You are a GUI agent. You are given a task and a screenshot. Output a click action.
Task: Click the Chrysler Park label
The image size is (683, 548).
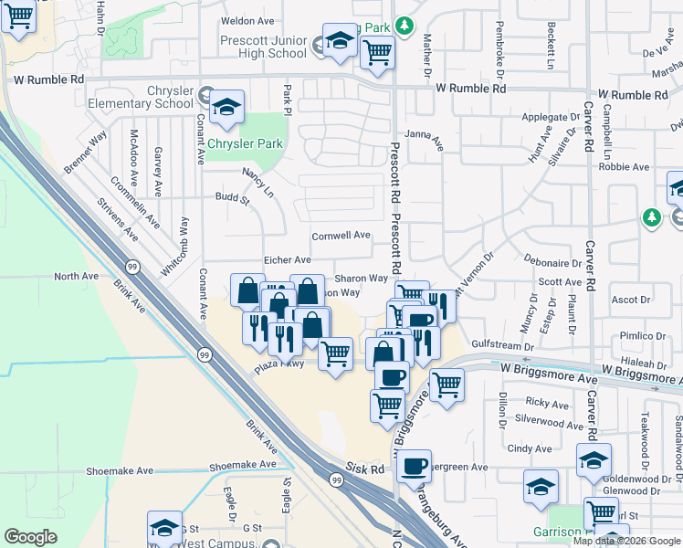[246, 144]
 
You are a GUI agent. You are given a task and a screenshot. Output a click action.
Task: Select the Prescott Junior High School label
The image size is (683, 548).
[264, 47]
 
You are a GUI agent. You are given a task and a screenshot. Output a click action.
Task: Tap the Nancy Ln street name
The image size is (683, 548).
[257, 182]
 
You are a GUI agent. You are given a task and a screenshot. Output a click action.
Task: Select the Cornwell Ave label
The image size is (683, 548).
[341, 235]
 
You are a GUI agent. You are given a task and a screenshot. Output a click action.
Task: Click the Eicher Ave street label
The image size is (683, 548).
[288, 260]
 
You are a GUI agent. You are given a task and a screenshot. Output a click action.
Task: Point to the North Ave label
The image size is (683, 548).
[76, 276]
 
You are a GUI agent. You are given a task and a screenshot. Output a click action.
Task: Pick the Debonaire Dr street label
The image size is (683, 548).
[553, 261]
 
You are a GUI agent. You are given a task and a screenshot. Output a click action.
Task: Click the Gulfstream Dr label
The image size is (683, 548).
[504, 346]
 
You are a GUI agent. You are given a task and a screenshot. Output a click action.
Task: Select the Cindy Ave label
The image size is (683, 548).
[530, 448]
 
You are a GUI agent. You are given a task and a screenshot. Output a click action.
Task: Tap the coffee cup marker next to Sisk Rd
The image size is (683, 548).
[414, 466]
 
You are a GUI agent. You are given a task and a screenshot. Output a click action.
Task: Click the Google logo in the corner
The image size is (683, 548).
[31, 537]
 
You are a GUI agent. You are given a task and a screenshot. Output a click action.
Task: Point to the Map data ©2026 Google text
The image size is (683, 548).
[625, 541]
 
